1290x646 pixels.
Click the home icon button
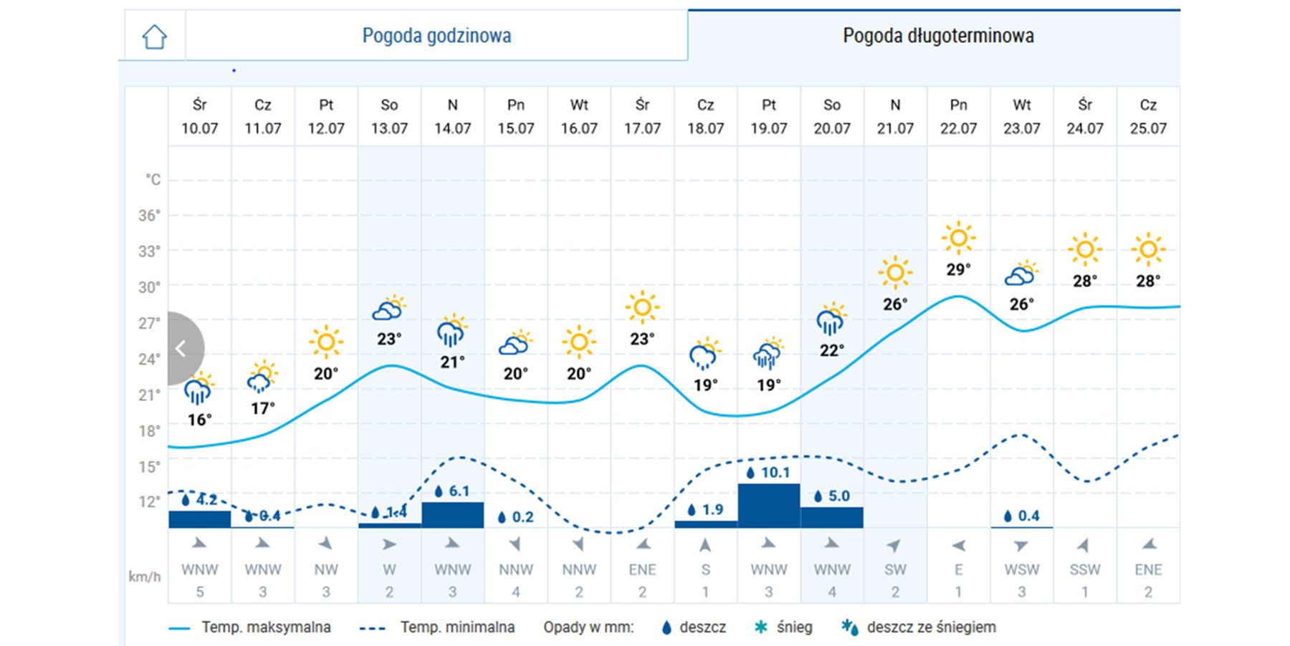pyautogui.click(x=154, y=36)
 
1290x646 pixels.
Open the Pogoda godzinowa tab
pyautogui.click(x=436, y=36)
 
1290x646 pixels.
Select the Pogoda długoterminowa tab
pyautogui.click(x=937, y=36)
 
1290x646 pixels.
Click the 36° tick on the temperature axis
pyautogui.click(x=149, y=216)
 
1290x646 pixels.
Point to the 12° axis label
pyautogui.click(x=149, y=501)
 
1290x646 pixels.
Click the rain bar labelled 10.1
pyautogui.click(x=768, y=506)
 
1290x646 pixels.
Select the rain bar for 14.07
pyautogui.click(x=452, y=515)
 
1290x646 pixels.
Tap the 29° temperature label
pyautogui.click(x=958, y=270)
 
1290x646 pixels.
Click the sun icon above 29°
pyautogui.click(x=958, y=238)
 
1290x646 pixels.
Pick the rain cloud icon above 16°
pyautogui.click(x=199, y=390)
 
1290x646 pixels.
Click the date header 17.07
pyautogui.click(x=642, y=128)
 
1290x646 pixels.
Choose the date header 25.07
pyautogui.click(x=1148, y=128)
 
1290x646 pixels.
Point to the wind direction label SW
pyautogui.click(x=895, y=569)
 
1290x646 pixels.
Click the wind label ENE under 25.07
pyautogui.click(x=1148, y=569)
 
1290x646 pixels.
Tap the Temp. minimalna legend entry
pyautogui.click(x=457, y=627)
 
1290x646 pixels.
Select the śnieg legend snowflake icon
pyautogui.click(x=761, y=627)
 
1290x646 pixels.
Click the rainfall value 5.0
pyautogui.click(x=838, y=496)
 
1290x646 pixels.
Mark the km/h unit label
pyautogui.click(x=145, y=577)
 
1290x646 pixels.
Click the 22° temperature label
pyautogui.click(x=831, y=350)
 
